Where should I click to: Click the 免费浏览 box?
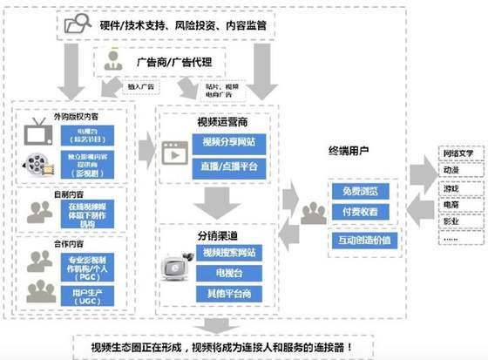click(363, 192)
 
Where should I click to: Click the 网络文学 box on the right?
click(462, 162)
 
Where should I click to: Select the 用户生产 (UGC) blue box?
click(85, 293)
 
